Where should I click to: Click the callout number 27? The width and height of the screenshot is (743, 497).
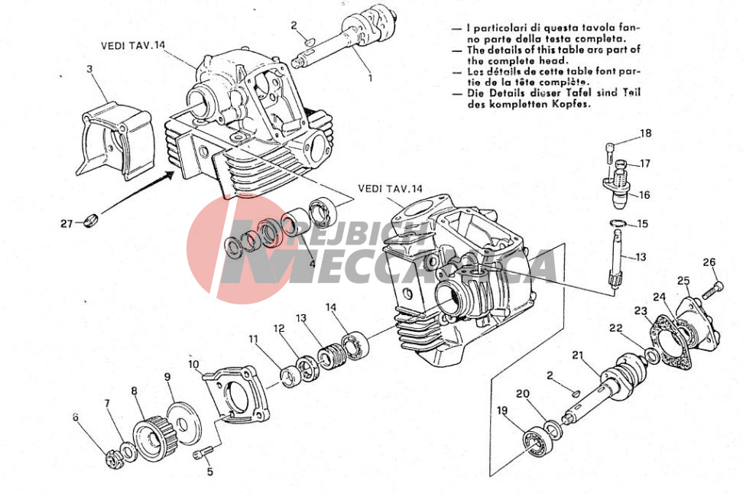[x=67, y=223]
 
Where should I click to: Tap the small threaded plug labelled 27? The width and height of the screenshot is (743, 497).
[x=90, y=220]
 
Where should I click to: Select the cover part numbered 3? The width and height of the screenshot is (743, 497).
[x=115, y=141]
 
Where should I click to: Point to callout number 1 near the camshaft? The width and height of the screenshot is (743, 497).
[x=370, y=78]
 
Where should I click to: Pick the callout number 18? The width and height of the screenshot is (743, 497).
[x=646, y=133]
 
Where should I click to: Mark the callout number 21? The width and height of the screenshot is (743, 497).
[x=576, y=356]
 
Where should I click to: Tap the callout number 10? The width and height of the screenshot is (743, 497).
[x=194, y=365]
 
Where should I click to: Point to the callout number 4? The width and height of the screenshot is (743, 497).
[x=313, y=264]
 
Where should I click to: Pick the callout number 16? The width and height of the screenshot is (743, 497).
[x=644, y=195]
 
